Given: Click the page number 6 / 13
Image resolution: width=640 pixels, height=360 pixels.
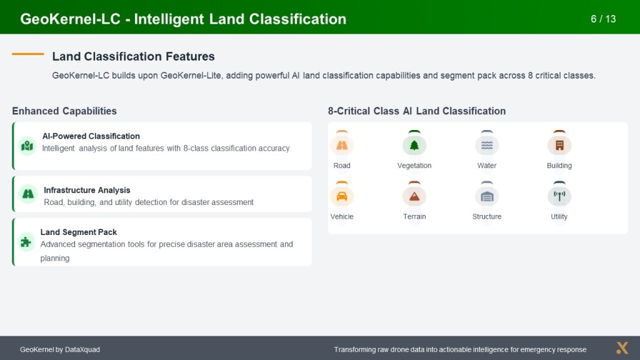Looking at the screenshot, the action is coord(603,19).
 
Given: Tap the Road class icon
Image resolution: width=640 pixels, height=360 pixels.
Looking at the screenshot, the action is coord(342,145).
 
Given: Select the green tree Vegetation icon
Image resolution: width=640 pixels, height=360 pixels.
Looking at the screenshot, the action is coord(414,145).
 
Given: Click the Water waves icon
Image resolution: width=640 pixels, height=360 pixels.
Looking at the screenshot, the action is coord(487,145).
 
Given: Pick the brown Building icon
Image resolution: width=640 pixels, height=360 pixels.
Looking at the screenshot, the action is coord(559,145).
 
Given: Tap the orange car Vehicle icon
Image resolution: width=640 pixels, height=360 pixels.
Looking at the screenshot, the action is coord(342,196).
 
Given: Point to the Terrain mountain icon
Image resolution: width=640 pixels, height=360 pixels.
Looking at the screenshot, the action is coord(414,196).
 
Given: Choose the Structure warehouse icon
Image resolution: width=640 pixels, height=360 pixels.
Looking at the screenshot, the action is coord(487,197).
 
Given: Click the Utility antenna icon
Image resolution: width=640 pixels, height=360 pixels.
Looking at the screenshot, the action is coord(559,196).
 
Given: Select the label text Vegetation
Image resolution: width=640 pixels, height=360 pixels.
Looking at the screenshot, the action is coord(414,165).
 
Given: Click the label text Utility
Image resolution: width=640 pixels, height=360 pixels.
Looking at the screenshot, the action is coord(559,216).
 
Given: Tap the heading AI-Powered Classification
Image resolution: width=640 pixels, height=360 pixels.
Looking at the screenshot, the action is coord(91,136).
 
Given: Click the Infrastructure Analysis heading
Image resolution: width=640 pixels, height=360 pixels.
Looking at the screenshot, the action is coord(87,190).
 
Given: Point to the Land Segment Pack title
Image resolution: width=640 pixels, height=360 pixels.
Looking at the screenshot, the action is coord(78,232).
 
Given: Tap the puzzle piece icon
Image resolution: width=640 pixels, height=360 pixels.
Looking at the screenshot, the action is coord(26,242).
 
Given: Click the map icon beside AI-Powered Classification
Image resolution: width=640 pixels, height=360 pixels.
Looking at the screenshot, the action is coord(27,146).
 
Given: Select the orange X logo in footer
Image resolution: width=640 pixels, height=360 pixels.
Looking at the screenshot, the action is coord(622,347).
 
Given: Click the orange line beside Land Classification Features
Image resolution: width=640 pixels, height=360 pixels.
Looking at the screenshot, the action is coord(27,54).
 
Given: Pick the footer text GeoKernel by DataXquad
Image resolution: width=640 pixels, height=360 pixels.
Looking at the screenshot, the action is coord(60,349).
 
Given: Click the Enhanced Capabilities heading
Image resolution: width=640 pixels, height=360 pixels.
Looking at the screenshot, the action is coord(64,111).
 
